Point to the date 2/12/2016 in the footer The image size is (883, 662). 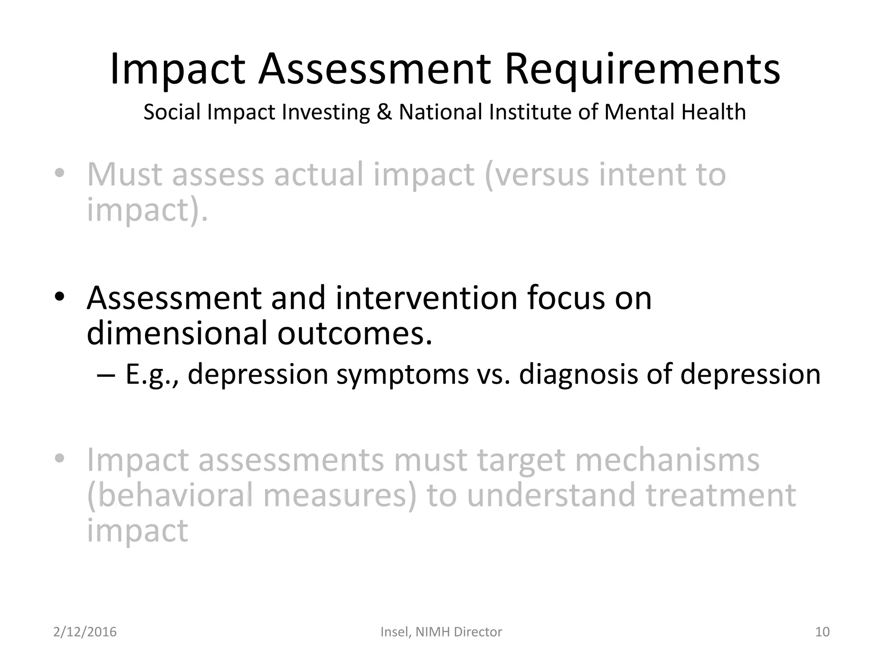[x=85, y=632]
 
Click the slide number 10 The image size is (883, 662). [x=822, y=632]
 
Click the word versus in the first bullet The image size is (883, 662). [x=537, y=175]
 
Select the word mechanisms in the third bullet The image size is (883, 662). [x=667, y=460]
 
